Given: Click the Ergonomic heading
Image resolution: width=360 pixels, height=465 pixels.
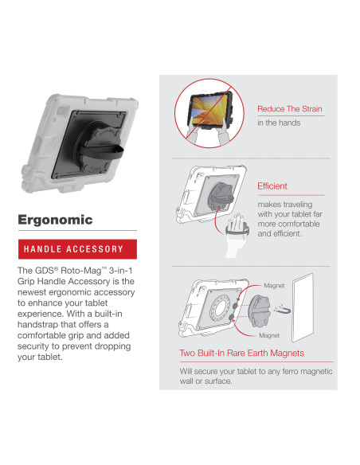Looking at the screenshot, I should point(55,220).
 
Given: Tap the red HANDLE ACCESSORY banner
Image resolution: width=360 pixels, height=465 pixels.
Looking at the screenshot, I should point(77,249).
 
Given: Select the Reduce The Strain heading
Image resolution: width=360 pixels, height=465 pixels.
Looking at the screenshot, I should point(289,108).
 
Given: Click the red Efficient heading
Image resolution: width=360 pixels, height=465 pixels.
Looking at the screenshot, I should point(272,186).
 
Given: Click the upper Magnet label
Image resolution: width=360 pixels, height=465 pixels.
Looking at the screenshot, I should point(273,284).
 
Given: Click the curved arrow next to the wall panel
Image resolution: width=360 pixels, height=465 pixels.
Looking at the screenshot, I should point(283,312).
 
